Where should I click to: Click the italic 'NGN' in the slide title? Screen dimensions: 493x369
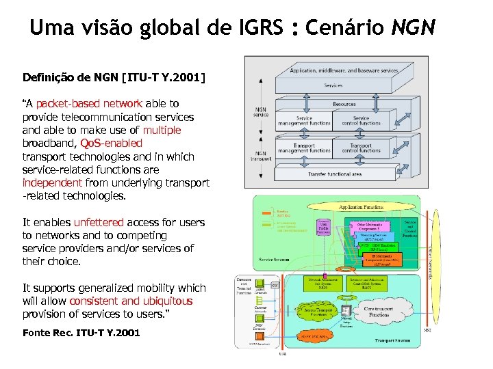413,28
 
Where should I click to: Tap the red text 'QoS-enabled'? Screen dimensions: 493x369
111,143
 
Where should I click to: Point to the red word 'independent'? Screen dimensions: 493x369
52,183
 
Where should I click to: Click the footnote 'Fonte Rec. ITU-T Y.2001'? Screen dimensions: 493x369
81,333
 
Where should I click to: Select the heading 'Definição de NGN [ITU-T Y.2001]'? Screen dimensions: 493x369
114,78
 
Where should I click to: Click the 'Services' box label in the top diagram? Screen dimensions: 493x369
334,86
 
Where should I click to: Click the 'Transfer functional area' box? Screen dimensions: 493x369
335,175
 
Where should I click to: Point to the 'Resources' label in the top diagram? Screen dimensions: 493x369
344,105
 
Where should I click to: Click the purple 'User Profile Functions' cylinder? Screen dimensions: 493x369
323,230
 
